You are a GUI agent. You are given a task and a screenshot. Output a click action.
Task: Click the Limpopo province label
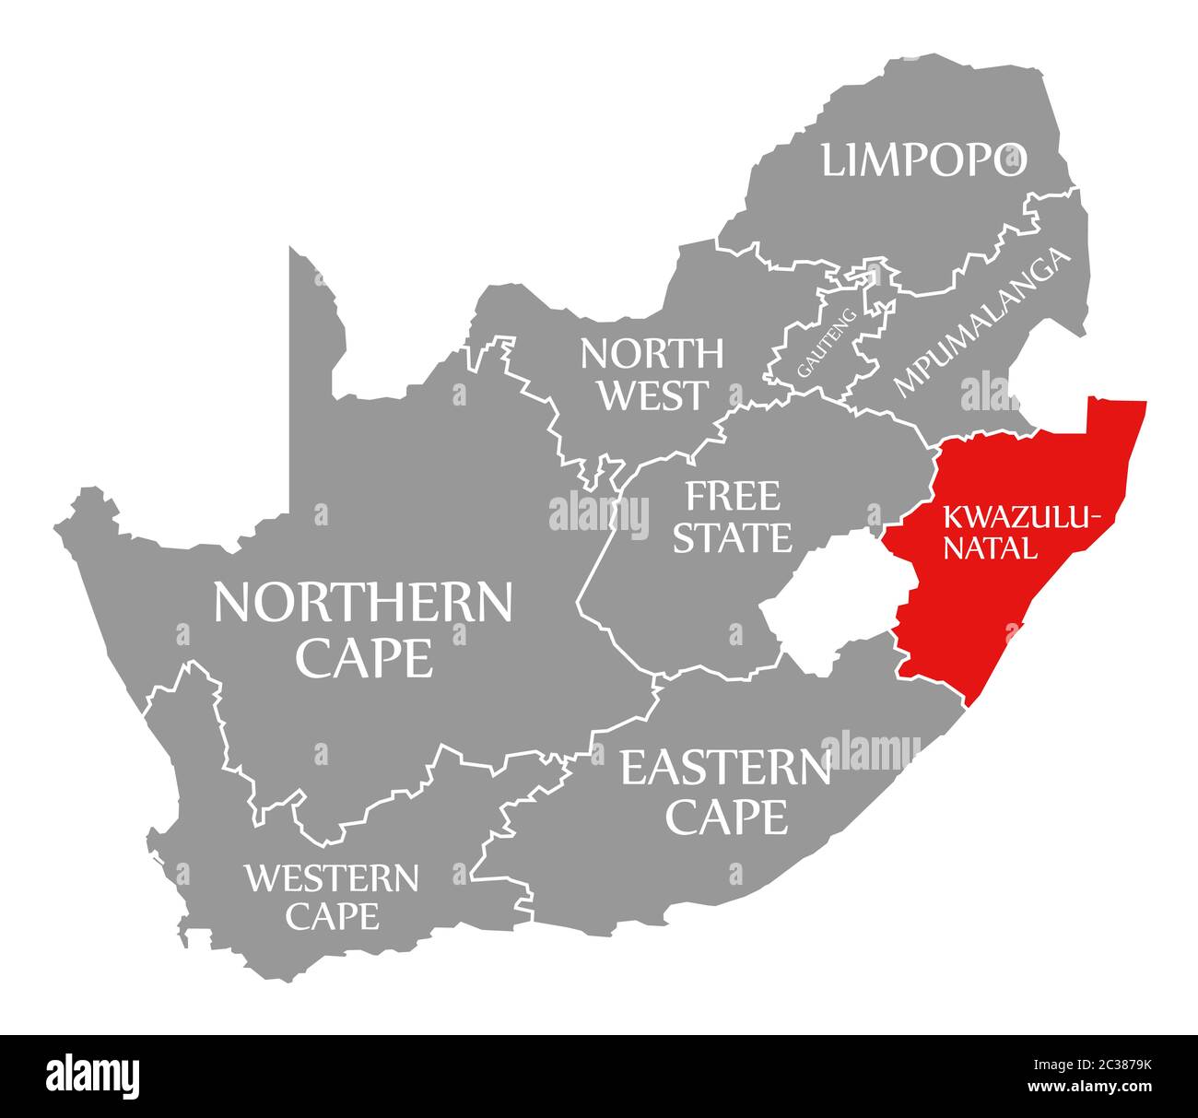coord(923,159)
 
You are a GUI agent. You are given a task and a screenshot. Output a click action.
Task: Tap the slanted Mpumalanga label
coord(983,322)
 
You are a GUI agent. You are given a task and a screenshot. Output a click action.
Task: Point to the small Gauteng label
coord(827,343)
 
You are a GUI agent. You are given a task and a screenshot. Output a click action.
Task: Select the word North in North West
coord(652,352)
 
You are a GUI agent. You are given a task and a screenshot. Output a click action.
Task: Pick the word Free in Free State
coord(732,497)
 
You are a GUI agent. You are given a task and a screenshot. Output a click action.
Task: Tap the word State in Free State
coord(732,537)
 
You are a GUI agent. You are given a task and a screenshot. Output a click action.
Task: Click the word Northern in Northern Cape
coord(362,603)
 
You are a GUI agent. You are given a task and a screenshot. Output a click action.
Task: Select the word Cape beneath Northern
coord(364,658)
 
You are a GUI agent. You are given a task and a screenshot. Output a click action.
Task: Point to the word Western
coord(331,878)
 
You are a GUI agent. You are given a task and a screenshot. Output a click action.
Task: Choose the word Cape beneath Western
coord(332,916)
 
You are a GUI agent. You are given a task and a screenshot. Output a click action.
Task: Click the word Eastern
coord(725,768)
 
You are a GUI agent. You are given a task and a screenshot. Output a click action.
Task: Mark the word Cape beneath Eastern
coord(728,816)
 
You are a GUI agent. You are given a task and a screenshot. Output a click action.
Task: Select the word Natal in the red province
coord(993,549)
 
